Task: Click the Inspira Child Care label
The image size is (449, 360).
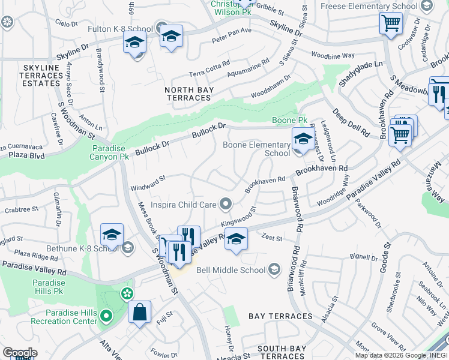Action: point(182,205)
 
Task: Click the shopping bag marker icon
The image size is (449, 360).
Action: point(139,313)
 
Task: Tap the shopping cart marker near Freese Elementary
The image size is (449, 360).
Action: point(391,25)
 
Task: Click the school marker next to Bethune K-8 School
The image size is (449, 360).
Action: point(112,236)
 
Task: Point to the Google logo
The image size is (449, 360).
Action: point(20,353)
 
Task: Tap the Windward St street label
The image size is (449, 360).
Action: point(148,182)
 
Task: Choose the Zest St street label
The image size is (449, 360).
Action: point(271,238)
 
